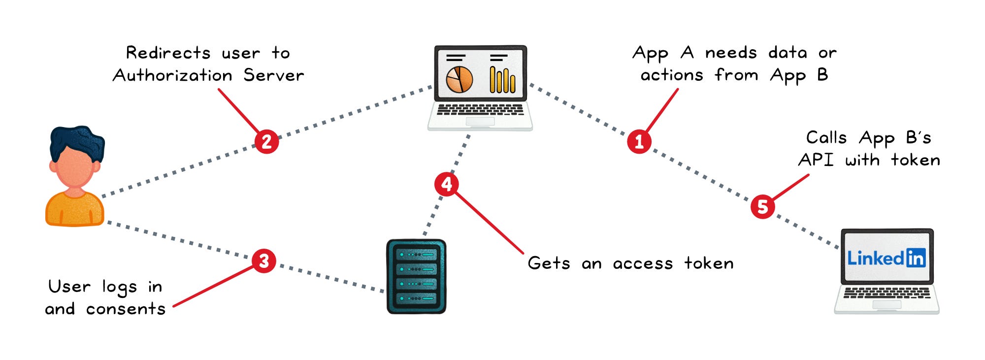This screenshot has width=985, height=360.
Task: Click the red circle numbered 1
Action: (x=639, y=141)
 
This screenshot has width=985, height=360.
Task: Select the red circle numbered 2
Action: (x=266, y=141)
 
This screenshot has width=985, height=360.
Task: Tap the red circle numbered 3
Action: (x=264, y=261)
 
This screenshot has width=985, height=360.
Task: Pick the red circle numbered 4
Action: (x=447, y=184)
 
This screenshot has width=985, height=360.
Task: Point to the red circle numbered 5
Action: (x=763, y=206)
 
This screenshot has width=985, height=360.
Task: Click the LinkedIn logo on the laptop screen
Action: (x=886, y=258)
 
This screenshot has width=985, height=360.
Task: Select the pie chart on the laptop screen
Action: (x=459, y=80)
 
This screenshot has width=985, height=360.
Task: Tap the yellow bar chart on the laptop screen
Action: (x=502, y=80)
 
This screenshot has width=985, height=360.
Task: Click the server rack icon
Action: (x=416, y=276)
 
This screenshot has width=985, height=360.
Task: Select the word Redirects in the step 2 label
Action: (x=168, y=53)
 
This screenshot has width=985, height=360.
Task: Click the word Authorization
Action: (x=172, y=75)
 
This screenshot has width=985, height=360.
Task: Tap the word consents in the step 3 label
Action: (x=126, y=309)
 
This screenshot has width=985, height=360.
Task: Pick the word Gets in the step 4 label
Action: (x=549, y=263)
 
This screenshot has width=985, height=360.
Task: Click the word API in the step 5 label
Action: (x=816, y=160)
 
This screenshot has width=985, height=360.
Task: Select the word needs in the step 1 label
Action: (x=730, y=53)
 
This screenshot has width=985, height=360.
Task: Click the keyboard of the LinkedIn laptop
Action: (x=886, y=293)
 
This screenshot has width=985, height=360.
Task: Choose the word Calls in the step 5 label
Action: (x=826, y=137)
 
